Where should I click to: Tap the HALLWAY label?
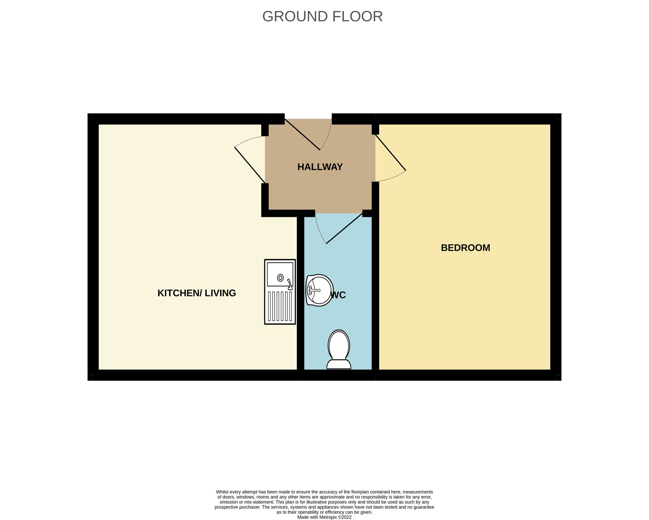pos(320,167)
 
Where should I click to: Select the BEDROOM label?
pos(465,248)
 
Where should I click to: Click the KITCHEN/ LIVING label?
pos(197,293)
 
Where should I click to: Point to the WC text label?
pos(338,295)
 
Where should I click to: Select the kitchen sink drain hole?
pos(280,278)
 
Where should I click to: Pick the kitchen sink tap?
pos(290,284)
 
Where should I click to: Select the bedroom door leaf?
pos(390,153)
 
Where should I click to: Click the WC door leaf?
pos(344,228)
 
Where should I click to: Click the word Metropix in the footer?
pos(331,517)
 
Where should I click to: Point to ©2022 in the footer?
pos(346,517)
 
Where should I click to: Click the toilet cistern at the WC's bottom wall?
pos(339,365)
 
